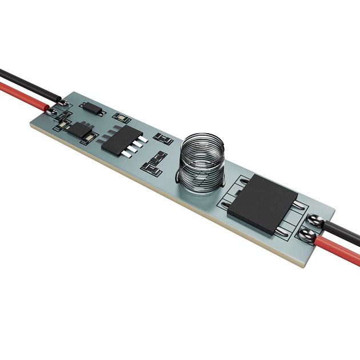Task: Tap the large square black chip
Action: click(x=263, y=203)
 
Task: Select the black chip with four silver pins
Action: click(x=121, y=139)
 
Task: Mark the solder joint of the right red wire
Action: click(x=308, y=234)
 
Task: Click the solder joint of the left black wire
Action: click(x=63, y=103)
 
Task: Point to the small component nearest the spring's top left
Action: click(x=165, y=139)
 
